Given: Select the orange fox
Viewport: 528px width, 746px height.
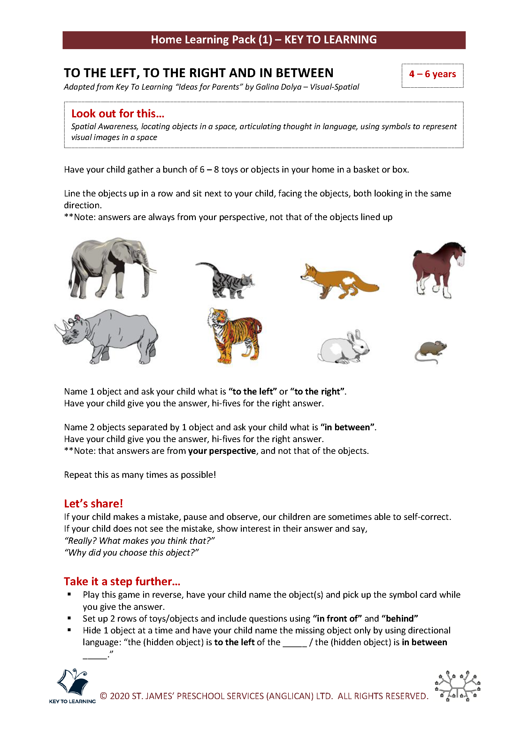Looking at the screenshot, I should click(x=338, y=281).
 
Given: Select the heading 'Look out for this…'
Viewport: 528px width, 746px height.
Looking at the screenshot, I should click(x=118, y=114).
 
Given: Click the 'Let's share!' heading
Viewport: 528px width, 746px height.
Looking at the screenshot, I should click(x=93, y=504).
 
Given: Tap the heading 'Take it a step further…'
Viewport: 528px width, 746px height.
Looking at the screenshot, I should click(x=122, y=582).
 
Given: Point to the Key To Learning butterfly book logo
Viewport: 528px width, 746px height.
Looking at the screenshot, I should click(x=72, y=682).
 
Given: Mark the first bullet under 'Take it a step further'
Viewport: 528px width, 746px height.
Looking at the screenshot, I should click(x=69, y=595).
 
